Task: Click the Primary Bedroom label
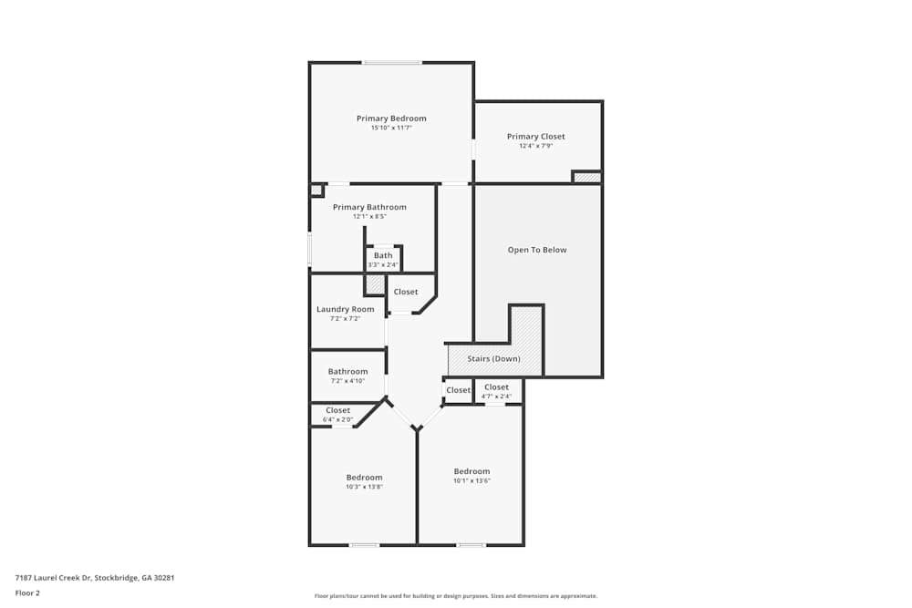point(391,118)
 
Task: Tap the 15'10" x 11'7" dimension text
point(391,128)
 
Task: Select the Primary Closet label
point(535,137)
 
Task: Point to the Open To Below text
point(537,250)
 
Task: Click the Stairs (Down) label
point(493,358)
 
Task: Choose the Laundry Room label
point(346,309)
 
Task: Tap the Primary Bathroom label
point(369,207)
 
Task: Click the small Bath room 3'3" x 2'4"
point(383,259)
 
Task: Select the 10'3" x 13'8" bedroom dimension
point(364,487)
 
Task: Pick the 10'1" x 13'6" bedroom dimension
point(472,480)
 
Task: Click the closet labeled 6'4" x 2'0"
point(338,415)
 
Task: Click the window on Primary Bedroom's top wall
point(392,63)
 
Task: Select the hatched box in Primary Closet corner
point(586,177)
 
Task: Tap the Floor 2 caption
point(27,593)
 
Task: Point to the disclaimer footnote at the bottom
point(456,596)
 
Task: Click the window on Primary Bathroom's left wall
point(310,250)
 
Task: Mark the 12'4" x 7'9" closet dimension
point(535,146)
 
